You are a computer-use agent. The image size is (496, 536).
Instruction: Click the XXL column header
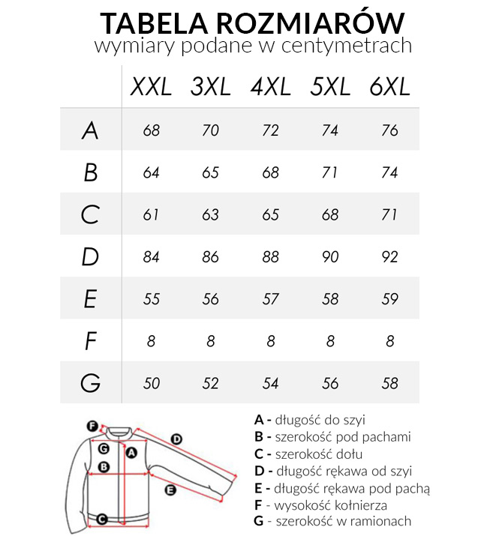tap(151, 87)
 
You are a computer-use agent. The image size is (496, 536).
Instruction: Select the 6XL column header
tap(389, 87)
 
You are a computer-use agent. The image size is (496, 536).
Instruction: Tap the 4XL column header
tap(270, 87)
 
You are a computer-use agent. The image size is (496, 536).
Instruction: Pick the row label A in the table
tap(90, 130)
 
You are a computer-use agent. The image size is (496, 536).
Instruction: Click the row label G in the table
tap(90, 383)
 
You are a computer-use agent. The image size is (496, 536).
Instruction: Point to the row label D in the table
tap(90, 257)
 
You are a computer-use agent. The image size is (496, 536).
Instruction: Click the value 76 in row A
tap(389, 130)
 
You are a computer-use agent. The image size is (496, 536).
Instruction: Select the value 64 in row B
tap(151, 172)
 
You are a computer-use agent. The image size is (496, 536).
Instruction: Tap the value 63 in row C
tap(210, 215)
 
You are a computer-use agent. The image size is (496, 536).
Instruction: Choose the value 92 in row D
tap(389, 257)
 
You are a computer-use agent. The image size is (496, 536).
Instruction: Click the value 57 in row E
tap(270, 299)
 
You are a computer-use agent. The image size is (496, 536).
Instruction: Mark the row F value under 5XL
tap(330, 341)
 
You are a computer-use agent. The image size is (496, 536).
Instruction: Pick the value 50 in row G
tap(151, 383)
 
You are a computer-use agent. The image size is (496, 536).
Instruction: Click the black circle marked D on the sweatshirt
tap(177, 439)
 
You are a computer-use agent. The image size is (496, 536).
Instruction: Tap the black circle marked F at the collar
tap(92, 426)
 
